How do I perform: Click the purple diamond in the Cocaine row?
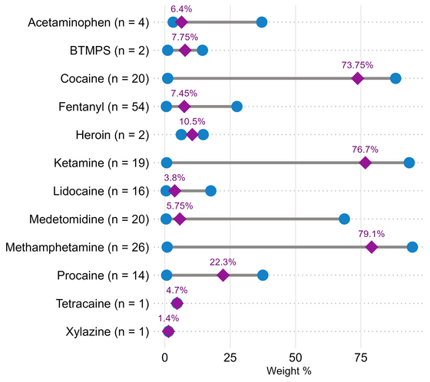357,78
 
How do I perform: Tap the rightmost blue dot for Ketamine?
409,163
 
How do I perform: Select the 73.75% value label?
357,65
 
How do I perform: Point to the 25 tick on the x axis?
230,357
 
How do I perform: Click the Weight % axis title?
289,371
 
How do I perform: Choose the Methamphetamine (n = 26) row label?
77,247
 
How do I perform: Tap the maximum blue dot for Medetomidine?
344,219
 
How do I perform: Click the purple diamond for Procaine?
223,275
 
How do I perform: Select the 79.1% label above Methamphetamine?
372,234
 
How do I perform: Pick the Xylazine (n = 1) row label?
107,331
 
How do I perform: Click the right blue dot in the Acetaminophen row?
262,22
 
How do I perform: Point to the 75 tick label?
361,357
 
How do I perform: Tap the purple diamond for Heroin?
192,134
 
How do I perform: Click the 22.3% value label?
223,262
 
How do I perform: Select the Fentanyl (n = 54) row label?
104,107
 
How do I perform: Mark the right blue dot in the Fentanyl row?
237,107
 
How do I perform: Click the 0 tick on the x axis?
164,357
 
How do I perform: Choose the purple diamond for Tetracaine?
177,303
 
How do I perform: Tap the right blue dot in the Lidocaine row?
210,191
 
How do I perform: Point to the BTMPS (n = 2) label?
109,51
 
